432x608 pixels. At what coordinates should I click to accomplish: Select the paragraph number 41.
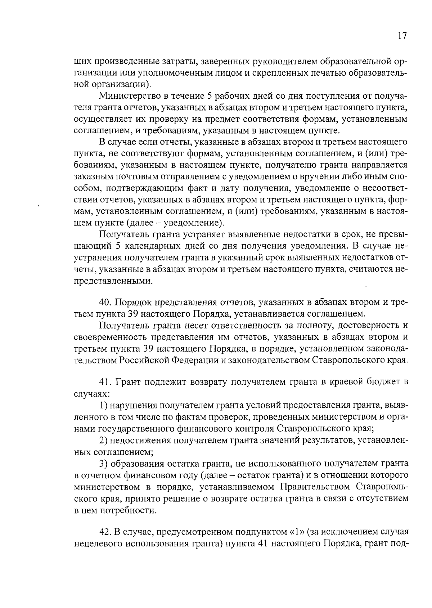point(105,382)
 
